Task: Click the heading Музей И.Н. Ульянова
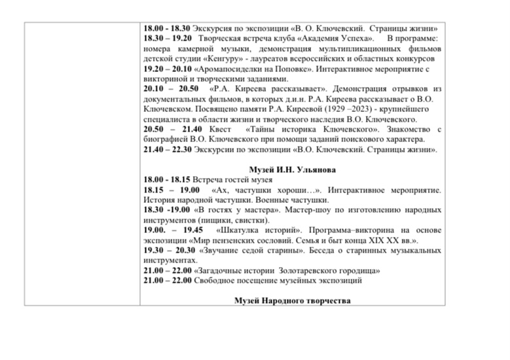pyautogui.click(x=292, y=170)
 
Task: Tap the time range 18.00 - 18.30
pyautogui.click(x=167, y=29)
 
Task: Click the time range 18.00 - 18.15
pyautogui.click(x=167, y=179)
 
